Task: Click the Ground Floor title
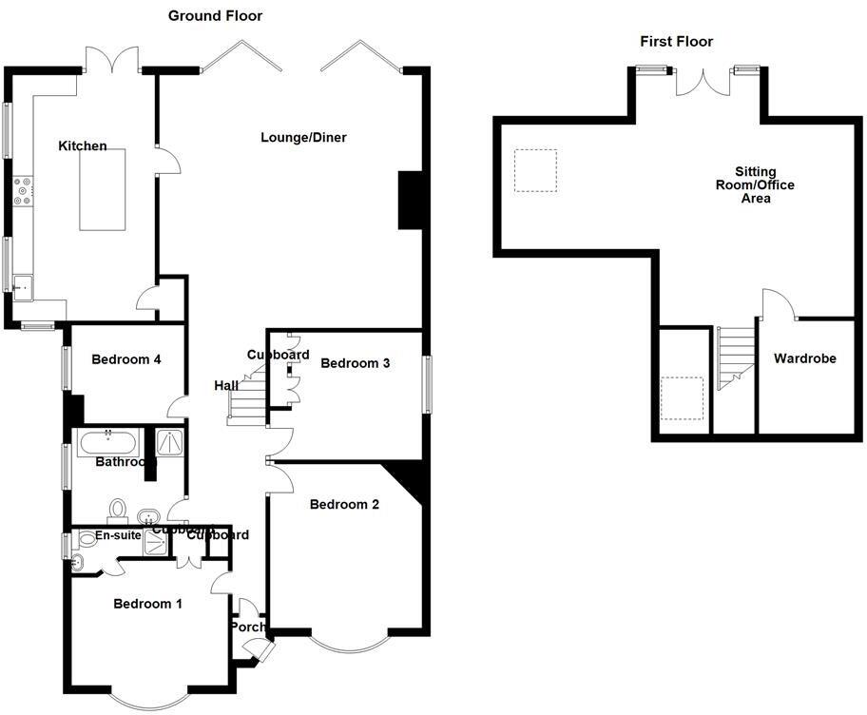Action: click(x=215, y=16)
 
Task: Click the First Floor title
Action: click(x=676, y=41)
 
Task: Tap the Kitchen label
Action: click(x=83, y=145)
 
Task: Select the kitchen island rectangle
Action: click(x=103, y=188)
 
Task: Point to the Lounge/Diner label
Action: click(x=304, y=138)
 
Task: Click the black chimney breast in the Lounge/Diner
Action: click(x=410, y=200)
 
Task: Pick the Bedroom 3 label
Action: click(x=356, y=363)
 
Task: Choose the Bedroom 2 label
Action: click(x=344, y=505)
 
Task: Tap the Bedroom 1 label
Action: click(x=147, y=604)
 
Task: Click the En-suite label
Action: click(x=118, y=536)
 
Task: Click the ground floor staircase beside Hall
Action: click(x=245, y=399)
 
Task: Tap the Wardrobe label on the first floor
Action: click(x=804, y=359)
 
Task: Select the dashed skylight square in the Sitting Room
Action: click(x=535, y=171)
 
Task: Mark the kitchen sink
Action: click(x=22, y=284)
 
